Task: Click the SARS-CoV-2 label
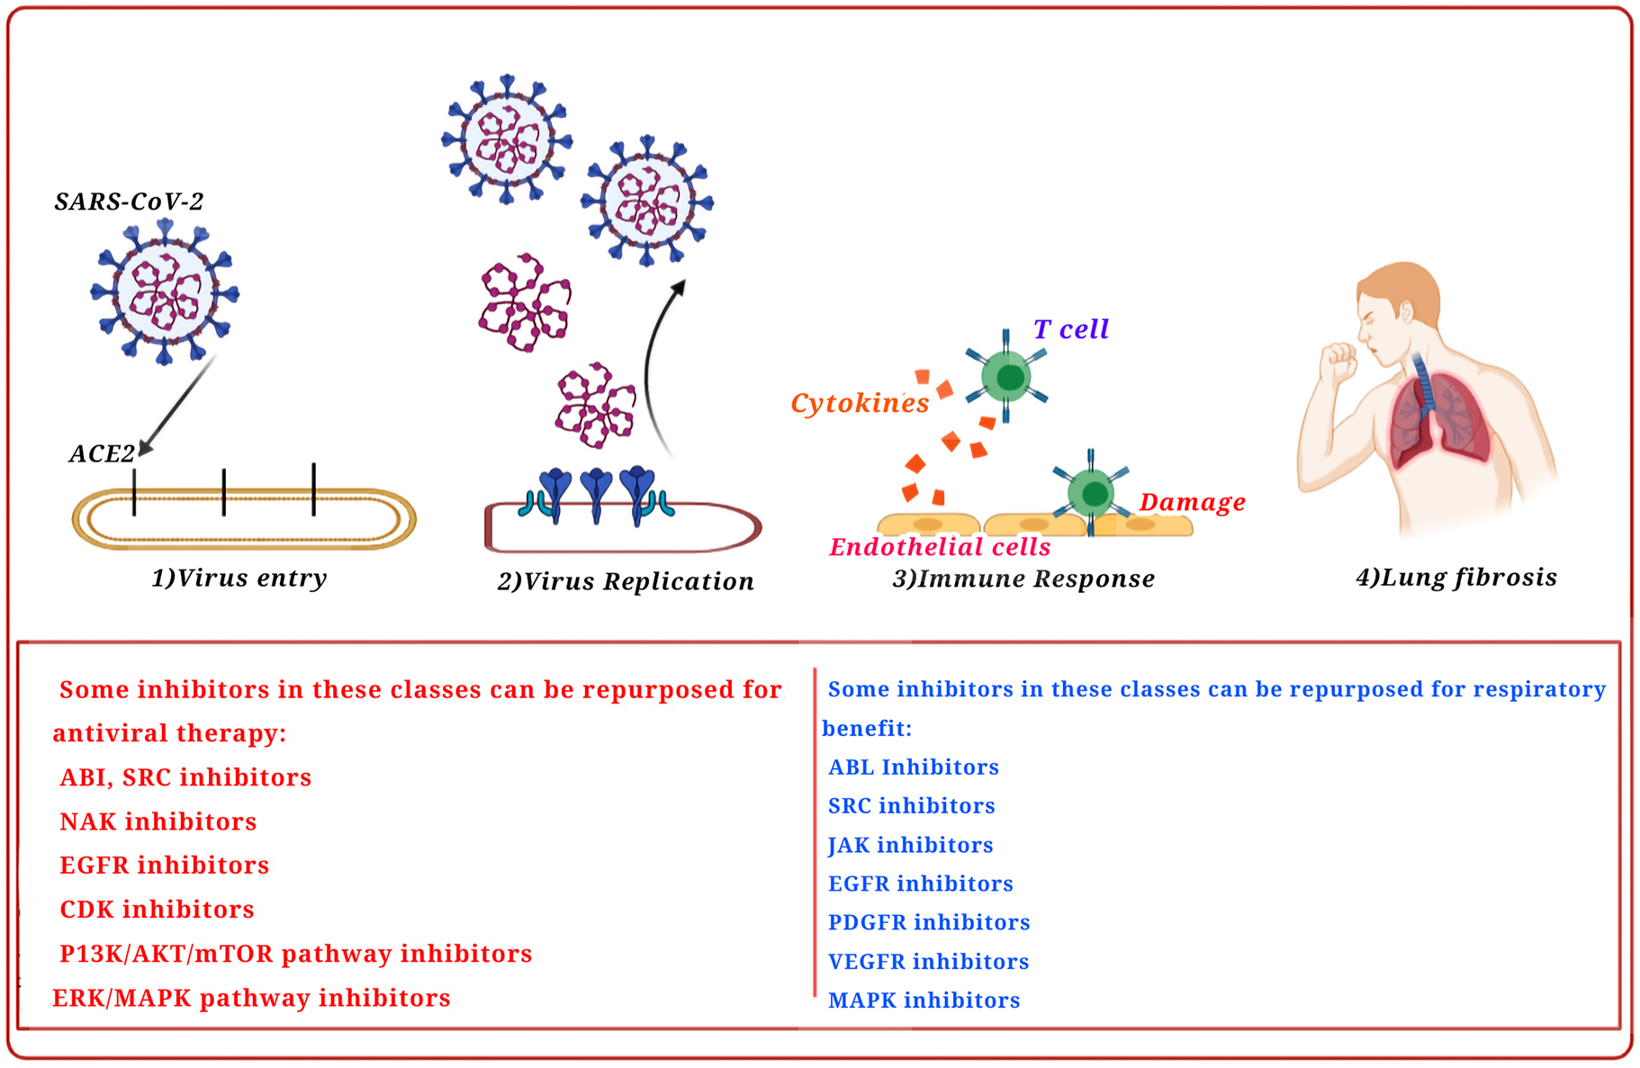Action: [129, 202]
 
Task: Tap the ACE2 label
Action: [102, 453]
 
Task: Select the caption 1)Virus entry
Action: [239, 578]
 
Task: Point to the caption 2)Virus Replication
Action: [626, 581]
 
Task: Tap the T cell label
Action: [1070, 329]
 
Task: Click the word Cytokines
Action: [860, 403]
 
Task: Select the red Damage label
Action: [1192, 502]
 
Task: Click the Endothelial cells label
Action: [940, 547]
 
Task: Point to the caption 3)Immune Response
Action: [1023, 579]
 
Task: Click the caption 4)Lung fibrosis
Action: [1456, 577]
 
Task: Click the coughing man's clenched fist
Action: [1338, 362]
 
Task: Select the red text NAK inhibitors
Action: [158, 821]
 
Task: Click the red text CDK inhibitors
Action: [157, 910]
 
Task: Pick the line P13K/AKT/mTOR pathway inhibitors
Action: [295, 954]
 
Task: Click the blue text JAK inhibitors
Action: [910, 845]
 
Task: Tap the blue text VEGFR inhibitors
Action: [928, 962]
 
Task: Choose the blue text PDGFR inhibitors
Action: [929, 922]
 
